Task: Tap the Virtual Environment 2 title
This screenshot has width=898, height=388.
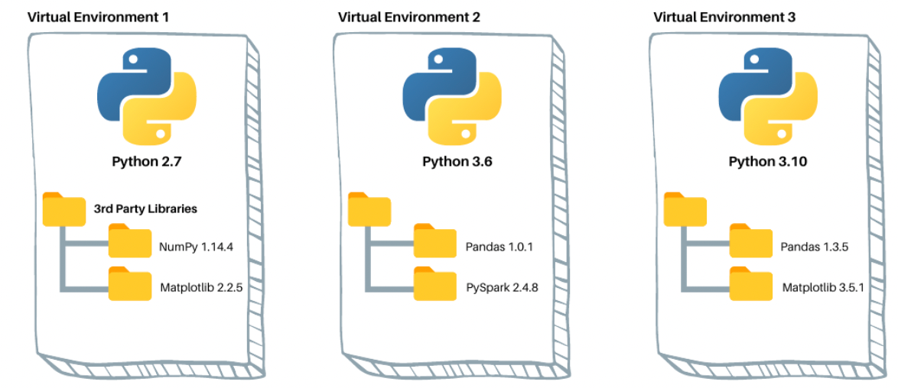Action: (x=409, y=17)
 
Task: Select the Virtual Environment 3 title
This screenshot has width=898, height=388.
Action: (x=724, y=17)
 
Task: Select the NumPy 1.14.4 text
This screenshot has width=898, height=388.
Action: (x=194, y=247)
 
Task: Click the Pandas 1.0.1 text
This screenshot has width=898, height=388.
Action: (x=498, y=247)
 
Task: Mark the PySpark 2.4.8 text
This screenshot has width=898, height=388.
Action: (x=501, y=289)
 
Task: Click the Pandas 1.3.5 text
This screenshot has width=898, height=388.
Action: (x=815, y=247)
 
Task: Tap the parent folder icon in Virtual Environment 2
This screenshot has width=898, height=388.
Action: (x=369, y=209)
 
